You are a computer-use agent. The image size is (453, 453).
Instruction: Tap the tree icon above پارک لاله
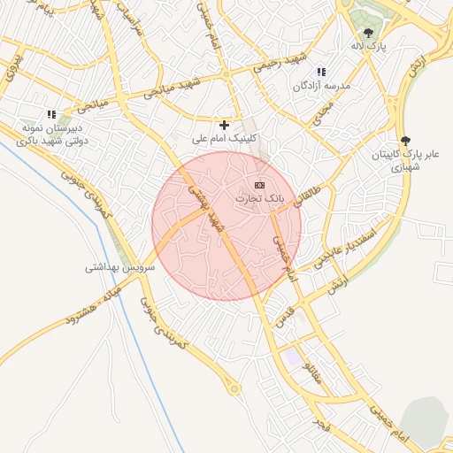pyautogui.click(x=368, y=33)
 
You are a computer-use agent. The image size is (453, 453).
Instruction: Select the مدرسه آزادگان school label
pyautogui.click(x=323, y=86)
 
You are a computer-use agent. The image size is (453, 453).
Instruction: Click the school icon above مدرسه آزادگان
pyautogui.click(x=321, y=72)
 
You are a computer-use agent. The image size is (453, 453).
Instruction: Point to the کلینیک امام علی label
pyautogui.click(x=225, y=140)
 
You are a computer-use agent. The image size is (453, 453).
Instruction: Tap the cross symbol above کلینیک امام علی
pyautogui.click(x=224, y=126)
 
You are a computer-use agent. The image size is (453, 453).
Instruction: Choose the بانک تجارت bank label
pyautogui.click(x=259, y=199)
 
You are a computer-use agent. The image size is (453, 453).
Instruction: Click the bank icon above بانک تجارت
pyautogui.click(x=259, y=185)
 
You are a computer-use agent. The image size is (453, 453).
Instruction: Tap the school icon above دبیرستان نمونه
pyautogui.click(x=51, y=114)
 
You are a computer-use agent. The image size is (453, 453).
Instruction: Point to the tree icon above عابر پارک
pyautogui.click(x=406, y=140)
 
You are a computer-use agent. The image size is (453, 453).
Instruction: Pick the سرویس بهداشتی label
pyautogui.click(x=120, y=266)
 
